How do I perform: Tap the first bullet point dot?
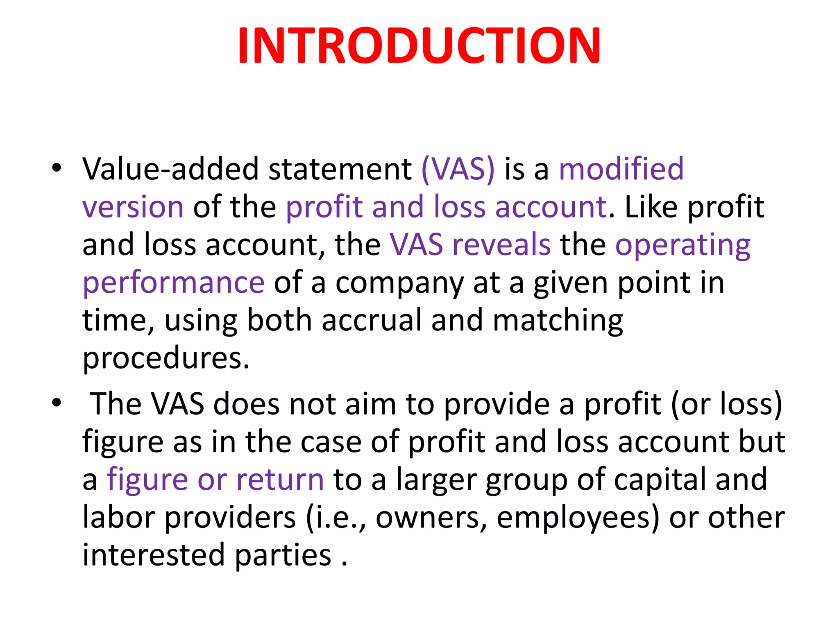[x=57, y=168]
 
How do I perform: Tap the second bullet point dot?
[x=57, y=403]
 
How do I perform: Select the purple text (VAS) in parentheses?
[x=458, y=169]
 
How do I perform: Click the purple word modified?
[x=621, y=169]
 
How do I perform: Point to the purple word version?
[x=133, y=207]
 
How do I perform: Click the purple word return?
[x=280, y=480]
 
